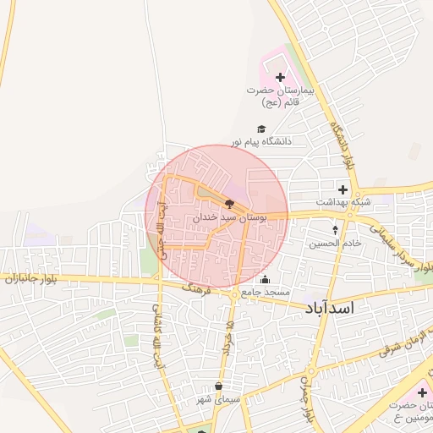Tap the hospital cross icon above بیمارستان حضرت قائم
pos(280,78)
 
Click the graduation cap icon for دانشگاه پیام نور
pos(261,128)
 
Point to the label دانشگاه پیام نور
pos(262,141)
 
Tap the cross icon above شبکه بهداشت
pos(343,189)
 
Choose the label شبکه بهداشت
pos(343,203)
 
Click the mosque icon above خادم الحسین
pos(335,229)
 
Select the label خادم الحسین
pos(335,243)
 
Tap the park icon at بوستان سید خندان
pos(229,203)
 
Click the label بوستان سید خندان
pos(230,217)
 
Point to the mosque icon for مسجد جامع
pos(266,280)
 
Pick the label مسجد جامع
pos(266,293)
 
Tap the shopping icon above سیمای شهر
pos(218,386)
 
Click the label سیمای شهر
pos(218,399)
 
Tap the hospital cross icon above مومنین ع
pos(421,392)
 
